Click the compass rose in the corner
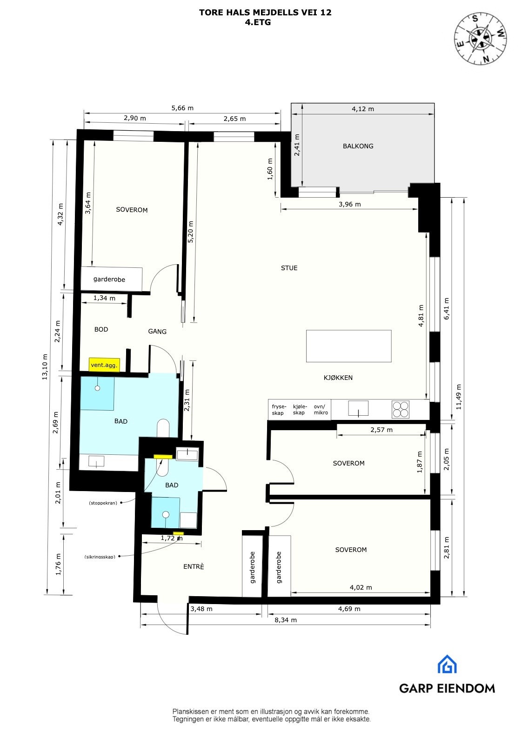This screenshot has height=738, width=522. [x=481, y=38]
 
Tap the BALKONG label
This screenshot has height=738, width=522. [x=358, y=146]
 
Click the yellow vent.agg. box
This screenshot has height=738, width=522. [x=104, y=366]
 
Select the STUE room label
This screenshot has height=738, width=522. [x=289, y=268]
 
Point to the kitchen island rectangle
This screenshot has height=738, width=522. [x=348, y=346]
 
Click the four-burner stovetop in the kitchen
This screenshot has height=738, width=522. [x=401, y=409]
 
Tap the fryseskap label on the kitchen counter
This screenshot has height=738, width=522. [x=277, y=410]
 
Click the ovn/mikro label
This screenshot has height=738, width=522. [x=321, y=410]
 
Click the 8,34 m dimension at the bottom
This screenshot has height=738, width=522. [x=285, y=620]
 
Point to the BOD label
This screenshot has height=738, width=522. [x=101, y=329]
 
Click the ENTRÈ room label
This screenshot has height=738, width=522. [x=194, y=566]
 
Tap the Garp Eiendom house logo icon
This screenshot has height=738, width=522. [x=447, y=664]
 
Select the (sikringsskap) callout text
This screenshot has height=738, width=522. [x=100, y=557]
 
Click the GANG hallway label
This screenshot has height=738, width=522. [x=157, y=332]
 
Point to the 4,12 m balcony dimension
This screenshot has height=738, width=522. [x=362, y=109]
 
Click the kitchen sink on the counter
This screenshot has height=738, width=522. [x=358, y=409]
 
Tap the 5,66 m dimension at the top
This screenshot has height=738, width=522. [x=182, y=108]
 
